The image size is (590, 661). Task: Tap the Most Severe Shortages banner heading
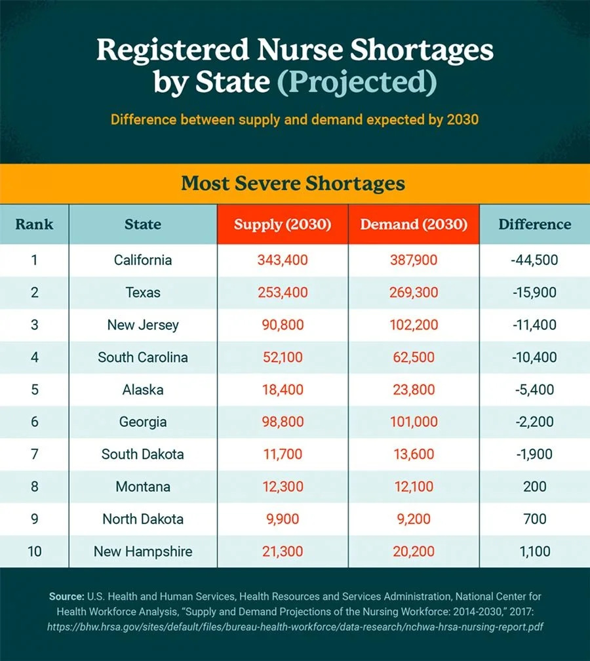293,182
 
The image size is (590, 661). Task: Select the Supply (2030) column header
283,224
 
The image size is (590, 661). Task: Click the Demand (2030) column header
414,224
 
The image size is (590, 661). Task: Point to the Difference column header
534,224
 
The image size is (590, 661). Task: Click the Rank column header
34,224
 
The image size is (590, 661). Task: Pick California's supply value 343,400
283,260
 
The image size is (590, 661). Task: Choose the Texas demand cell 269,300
414,292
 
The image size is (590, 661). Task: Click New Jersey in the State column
143,325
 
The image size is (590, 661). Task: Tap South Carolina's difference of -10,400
534,357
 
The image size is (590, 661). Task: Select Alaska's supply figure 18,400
283,390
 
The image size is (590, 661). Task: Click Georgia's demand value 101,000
414,422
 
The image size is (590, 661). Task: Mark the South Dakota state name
143,454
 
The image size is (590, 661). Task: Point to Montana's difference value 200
534,487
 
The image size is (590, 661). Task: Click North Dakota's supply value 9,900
283,519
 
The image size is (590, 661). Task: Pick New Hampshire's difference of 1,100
534,551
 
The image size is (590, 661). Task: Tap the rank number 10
34,551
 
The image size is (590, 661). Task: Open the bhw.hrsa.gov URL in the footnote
295,627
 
